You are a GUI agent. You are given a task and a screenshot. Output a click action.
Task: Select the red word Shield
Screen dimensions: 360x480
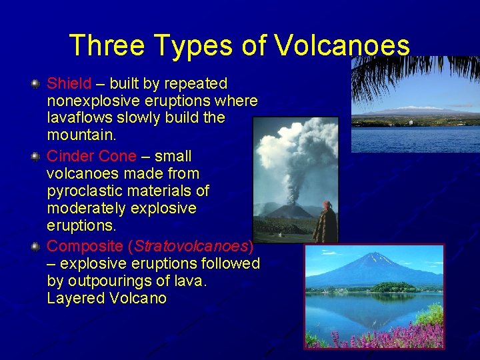(x=69, y=84)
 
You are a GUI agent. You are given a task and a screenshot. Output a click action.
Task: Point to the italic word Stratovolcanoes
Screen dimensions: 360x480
(x=191, y=247)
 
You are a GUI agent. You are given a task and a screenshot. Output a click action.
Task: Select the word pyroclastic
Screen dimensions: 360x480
(x=81, y=191)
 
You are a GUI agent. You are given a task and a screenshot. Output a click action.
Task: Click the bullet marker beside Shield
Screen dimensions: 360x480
(x=35, y=85)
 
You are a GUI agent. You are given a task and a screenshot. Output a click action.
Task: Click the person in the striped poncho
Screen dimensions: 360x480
(x=325, y=224)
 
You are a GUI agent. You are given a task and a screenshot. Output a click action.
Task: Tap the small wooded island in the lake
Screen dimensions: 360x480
(x=393, y=287)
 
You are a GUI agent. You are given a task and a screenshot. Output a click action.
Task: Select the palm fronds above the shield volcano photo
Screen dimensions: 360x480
(x=413, y=73)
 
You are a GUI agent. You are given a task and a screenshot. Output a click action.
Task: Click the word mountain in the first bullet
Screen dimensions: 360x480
(x=79, y=135)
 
